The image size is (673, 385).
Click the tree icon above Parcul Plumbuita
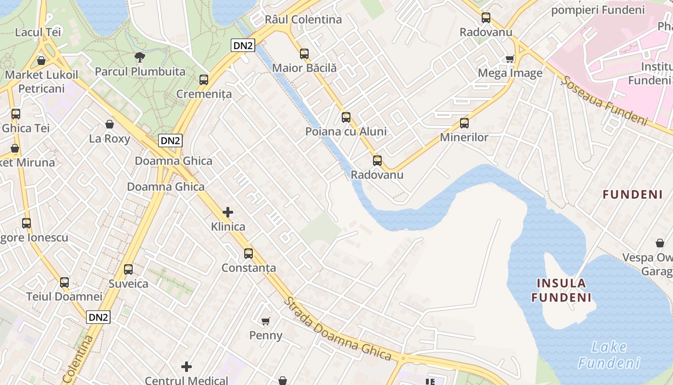[139, 57]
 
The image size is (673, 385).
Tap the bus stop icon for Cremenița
[204, 80]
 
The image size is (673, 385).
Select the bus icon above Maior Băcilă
[304, 54]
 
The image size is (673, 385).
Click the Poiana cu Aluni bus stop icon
[346, 117]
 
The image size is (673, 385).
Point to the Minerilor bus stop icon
[464, 123]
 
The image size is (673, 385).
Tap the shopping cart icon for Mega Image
[510, 59]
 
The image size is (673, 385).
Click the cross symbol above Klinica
[228, 212]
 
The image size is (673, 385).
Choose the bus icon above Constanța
[249, 254]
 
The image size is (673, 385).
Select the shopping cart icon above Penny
[266, 321]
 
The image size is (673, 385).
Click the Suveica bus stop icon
[128, 269]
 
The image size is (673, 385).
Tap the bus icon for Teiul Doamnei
[64, 282]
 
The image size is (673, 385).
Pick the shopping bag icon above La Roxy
[110, 125]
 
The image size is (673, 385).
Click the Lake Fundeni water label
[609, 355]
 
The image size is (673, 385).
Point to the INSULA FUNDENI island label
[561, 290]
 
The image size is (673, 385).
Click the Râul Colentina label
[303, 20]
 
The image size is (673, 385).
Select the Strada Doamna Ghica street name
[337, 329]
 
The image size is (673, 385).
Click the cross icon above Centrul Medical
[187, 367]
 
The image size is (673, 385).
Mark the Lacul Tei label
[38, 32]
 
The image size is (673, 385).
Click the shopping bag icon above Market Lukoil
[41, 61]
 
